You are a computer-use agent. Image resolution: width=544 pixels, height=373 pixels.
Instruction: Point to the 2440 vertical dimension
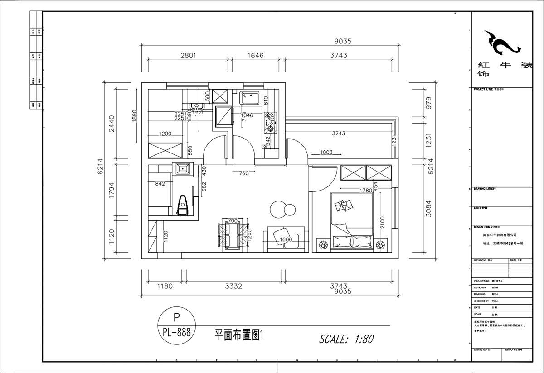(x=112, y=123)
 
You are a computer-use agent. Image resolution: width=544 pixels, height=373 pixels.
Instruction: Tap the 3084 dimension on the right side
(x=428, y=210)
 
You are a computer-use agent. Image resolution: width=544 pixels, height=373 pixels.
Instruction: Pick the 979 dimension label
(x=428, y=103)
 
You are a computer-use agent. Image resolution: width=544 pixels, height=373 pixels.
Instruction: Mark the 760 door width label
(x=243, y=172)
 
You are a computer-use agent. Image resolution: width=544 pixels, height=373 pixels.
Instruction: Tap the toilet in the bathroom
(x=184, y=206)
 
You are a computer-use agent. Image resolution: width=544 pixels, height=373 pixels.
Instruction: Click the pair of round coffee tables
(x=282, y=209)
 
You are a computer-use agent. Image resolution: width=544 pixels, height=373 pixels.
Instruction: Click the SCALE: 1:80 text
(x=346, y=339)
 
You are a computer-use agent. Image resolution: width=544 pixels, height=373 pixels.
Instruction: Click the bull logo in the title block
(x=500, y=43)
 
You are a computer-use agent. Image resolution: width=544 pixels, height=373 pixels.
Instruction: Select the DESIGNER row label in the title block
(x=480, y=287)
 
